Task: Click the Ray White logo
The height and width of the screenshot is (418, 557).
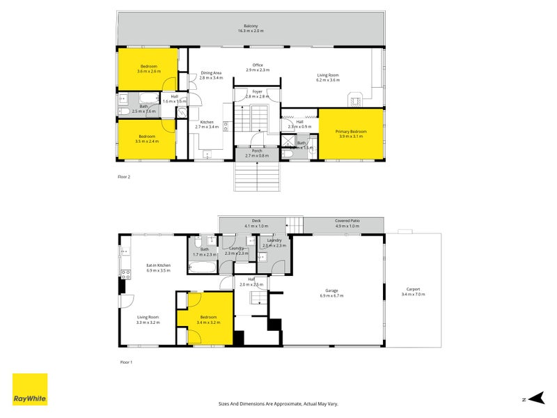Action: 30,389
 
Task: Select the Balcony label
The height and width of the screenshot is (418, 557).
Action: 251,29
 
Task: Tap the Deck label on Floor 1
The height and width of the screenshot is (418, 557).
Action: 256,224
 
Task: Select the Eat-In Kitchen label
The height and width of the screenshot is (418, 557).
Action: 158,268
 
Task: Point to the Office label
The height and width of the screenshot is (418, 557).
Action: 258,68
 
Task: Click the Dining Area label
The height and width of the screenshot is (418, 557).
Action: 211,75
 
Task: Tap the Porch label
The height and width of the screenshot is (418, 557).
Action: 256,153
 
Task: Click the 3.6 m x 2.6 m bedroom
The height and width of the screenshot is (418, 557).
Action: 148,68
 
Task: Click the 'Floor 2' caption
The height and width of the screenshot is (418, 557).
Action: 124,177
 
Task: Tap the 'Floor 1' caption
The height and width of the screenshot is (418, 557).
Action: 126,362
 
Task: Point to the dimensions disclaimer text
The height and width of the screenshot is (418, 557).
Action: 278,403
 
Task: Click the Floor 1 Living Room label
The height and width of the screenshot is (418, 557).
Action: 148,320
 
